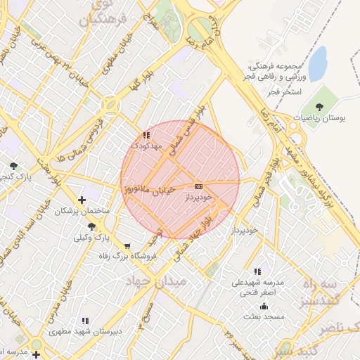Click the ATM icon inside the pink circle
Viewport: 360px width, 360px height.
point(198,186)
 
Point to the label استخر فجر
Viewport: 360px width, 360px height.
point(285,91)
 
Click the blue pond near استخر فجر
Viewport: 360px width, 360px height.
point(318,64)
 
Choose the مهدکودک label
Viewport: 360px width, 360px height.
point(146,146)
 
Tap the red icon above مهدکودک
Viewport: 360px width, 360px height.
point(146,135)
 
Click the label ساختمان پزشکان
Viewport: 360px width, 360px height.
point(82,210)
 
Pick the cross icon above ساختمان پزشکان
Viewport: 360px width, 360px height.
point(83,200)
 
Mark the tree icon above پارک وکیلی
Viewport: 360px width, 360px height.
point(92,226)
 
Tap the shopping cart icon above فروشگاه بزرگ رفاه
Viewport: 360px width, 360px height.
point(127,246)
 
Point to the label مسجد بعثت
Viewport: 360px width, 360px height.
point(264,317)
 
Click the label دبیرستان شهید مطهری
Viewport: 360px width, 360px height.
point(85,330)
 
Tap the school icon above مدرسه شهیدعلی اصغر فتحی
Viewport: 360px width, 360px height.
point(258,271)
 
